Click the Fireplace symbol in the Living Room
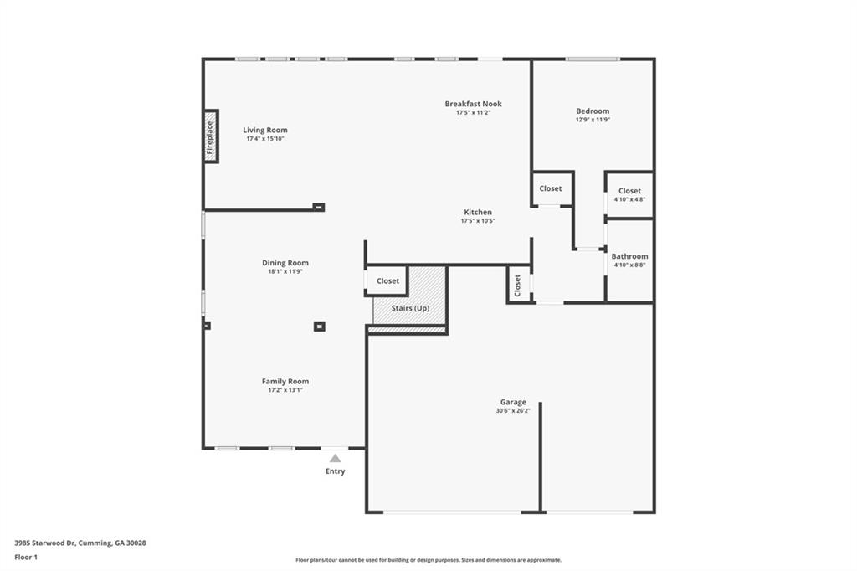(211, 136)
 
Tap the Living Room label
(265, 130)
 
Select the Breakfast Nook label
(473, 104)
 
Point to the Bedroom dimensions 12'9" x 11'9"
(593, 120)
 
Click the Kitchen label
(478, 212)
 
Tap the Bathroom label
(629, 256)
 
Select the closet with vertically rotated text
(518, 285)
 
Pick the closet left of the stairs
(387, 281)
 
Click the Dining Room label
(285, 263)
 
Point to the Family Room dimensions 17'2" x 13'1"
(285, 390)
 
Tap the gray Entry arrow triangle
(335, 458)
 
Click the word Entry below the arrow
(335, 471)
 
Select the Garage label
(513, 402)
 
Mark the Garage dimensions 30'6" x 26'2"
(513, 411)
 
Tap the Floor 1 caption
(26, 557)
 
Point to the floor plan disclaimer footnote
(428, 560)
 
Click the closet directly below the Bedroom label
(551, 188)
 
